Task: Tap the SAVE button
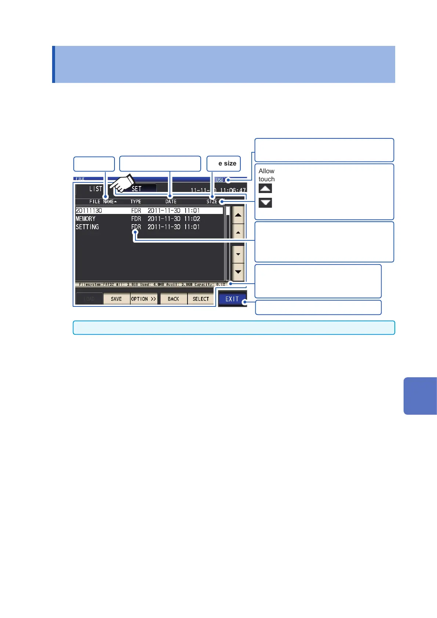click(x=116, y=299)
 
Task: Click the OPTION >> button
click(x=144, y=299)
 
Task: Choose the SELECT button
click(x=201, y=299)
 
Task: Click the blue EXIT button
click(x=232, y=299)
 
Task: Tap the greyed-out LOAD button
click(x=89, y=299)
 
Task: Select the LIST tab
click(x=96, y=189)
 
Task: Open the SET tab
click(x=136, y=189)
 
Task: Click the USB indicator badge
click(x=219, y=180)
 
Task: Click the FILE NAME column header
click(x=103, y=201)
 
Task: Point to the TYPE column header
click(x=136, y=201)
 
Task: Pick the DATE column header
click(x=171, y=201)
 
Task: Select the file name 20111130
click(x=89, y=211)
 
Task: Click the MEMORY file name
click(x=85, y=219)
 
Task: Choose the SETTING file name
click(x=87, y=227)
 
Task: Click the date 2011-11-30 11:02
click(x=174, y=219)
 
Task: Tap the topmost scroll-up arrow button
click(x=238, y=215)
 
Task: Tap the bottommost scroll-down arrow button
click(x=238, y=272)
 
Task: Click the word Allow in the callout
click(x=266, y=171)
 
